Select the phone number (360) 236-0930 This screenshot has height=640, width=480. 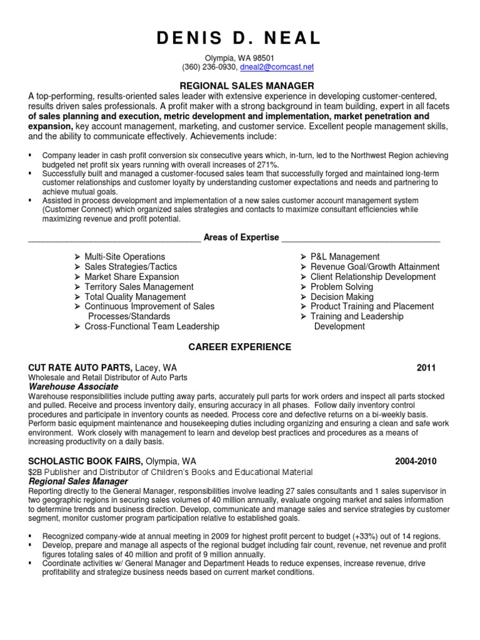pyautogui.click(x=209, y=67)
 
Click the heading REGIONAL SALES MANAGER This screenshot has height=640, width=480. pyautogui.click(x=238, y=86)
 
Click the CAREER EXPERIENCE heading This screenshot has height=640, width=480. pyautogui.click(x=240, y=347)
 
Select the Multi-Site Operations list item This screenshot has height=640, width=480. pyautogui.click(x=124, y=257)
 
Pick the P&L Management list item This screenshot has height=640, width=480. pyautogui.click(x=344, y=257)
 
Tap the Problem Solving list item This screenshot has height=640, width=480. pyautogui.click(x=342, y=287)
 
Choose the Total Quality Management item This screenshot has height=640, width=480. pyautogui.click(x=135, y=297)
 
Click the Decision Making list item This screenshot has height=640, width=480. pyautogui.click(x=342, y=297)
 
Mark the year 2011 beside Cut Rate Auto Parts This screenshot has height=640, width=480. pyautogui.click(x=426, y=368)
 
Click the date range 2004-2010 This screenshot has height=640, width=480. pyautogui.click(x=416, y=462)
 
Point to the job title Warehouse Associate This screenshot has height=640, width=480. pyautogui.click(x=74, y=387)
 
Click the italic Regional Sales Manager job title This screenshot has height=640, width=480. pyautogui.click(x=79, y=482)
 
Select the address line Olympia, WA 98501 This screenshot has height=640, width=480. pyautogui.click(x=240, y=57)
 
